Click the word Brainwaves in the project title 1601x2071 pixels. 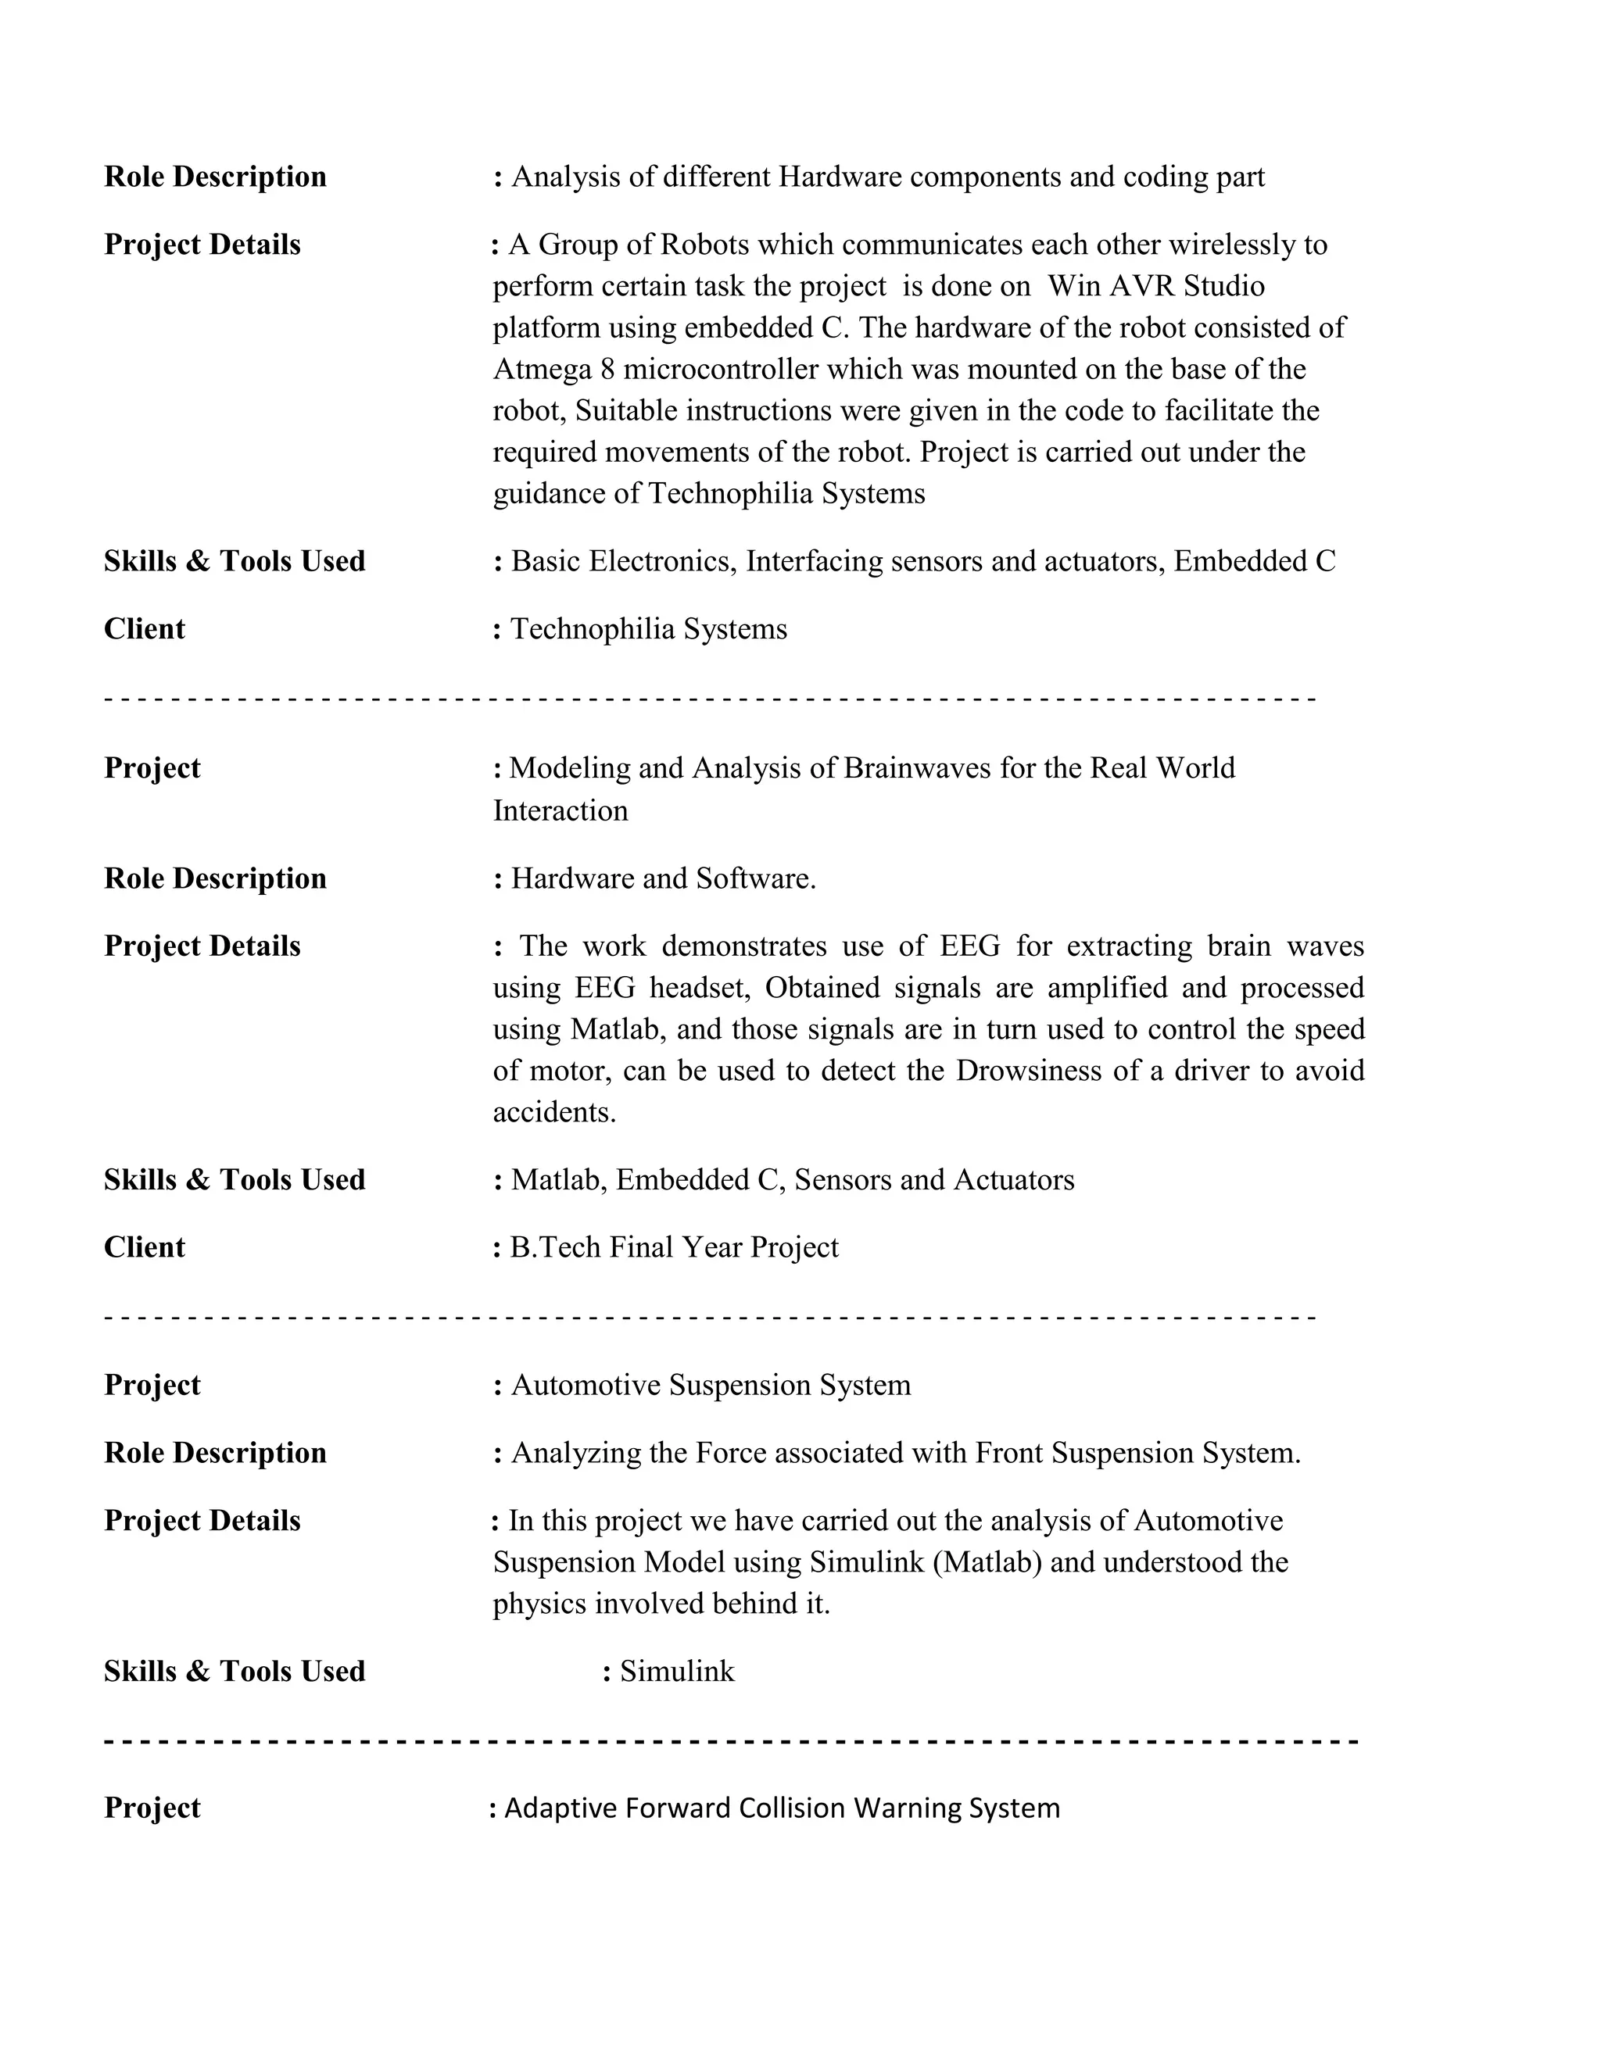point(916,767)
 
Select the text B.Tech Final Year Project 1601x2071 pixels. point(675,1247)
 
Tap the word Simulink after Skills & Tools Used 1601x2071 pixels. point(677,1671)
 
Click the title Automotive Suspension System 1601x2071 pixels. point(711,1385)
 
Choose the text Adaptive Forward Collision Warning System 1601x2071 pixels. point(782,1808)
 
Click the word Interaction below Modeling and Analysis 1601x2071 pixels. point(561,810)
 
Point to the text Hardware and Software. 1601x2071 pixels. point(663,878)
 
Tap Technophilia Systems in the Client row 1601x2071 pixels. point(649,628)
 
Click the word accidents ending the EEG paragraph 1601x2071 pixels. point(554,1112)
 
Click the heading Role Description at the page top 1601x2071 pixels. point(215,177)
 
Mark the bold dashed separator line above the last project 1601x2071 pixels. point(730,1741)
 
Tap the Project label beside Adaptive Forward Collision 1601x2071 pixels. point(152,1808)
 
